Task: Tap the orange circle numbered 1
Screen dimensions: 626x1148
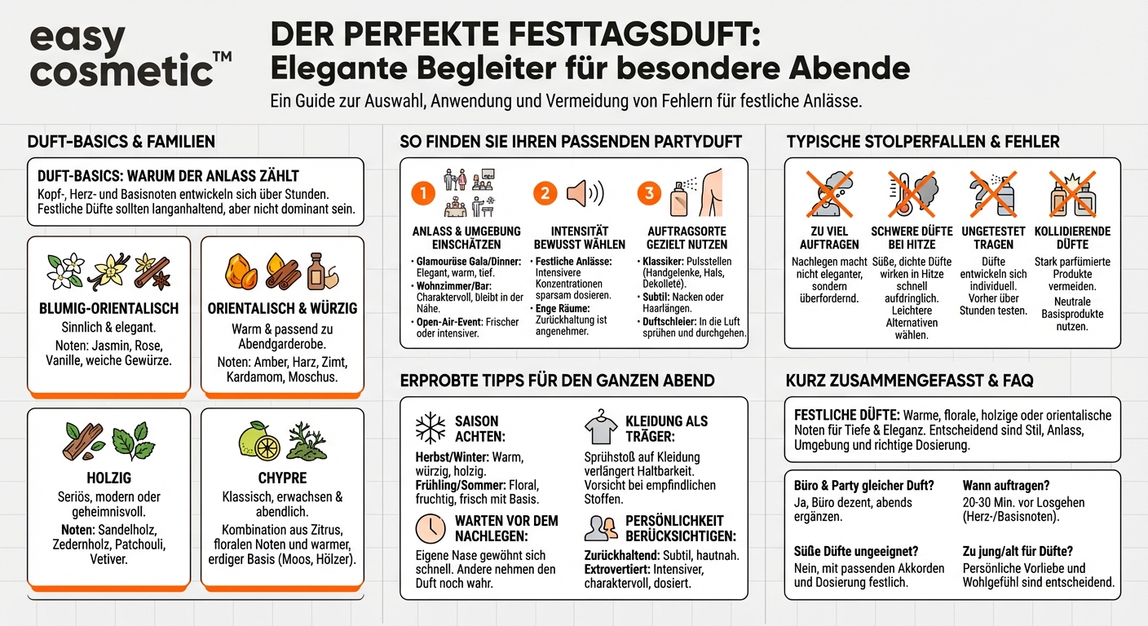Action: (423, 193)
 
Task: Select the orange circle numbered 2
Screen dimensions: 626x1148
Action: (545, 193)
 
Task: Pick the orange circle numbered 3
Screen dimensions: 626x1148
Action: (649, 193)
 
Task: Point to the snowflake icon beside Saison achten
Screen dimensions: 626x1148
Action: (430, 428)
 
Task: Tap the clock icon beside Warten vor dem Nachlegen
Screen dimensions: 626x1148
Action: (430, 529)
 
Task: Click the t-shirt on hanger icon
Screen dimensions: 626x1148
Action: (601, 427)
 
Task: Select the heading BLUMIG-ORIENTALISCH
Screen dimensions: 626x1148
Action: (109, 309)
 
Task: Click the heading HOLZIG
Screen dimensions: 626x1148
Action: (108, 478)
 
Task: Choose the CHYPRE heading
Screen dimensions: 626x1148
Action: (281, 478)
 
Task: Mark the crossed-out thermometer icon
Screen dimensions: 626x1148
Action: (911, 194)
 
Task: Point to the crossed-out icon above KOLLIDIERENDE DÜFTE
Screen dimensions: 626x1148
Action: (1071, 194)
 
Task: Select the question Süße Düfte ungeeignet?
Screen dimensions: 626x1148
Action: (855, 551)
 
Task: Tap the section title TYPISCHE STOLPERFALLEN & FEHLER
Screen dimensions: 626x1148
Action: (923, 142)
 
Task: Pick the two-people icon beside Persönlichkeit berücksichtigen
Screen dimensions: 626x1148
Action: (601, 527)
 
